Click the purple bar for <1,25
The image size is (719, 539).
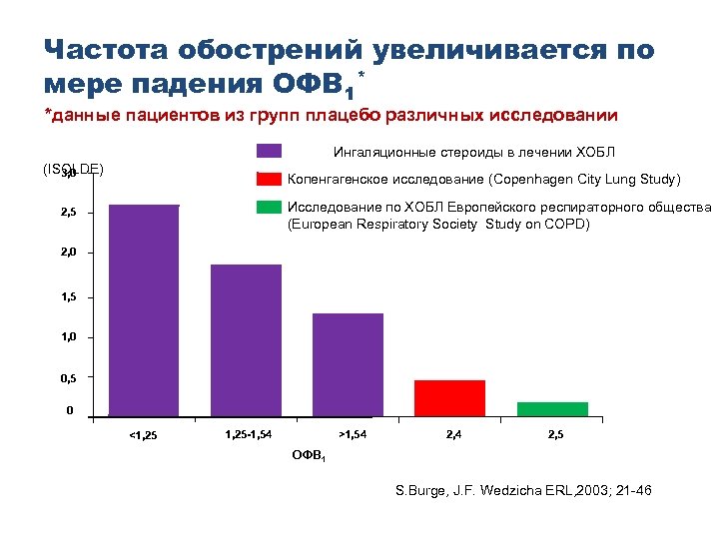click(x=144, y=309)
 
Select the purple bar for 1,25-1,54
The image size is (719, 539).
click(x=246, y=339)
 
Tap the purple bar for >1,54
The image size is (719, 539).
click(x=348, y=364)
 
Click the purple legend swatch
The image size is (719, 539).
click(x=269, y=152)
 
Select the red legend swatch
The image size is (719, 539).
click(x=269, y=180)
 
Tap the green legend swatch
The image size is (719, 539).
click(x=269, y=208)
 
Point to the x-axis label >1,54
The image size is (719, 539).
click(x=354, y=433)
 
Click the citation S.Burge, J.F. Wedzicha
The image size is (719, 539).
click(x=468, y=491)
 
